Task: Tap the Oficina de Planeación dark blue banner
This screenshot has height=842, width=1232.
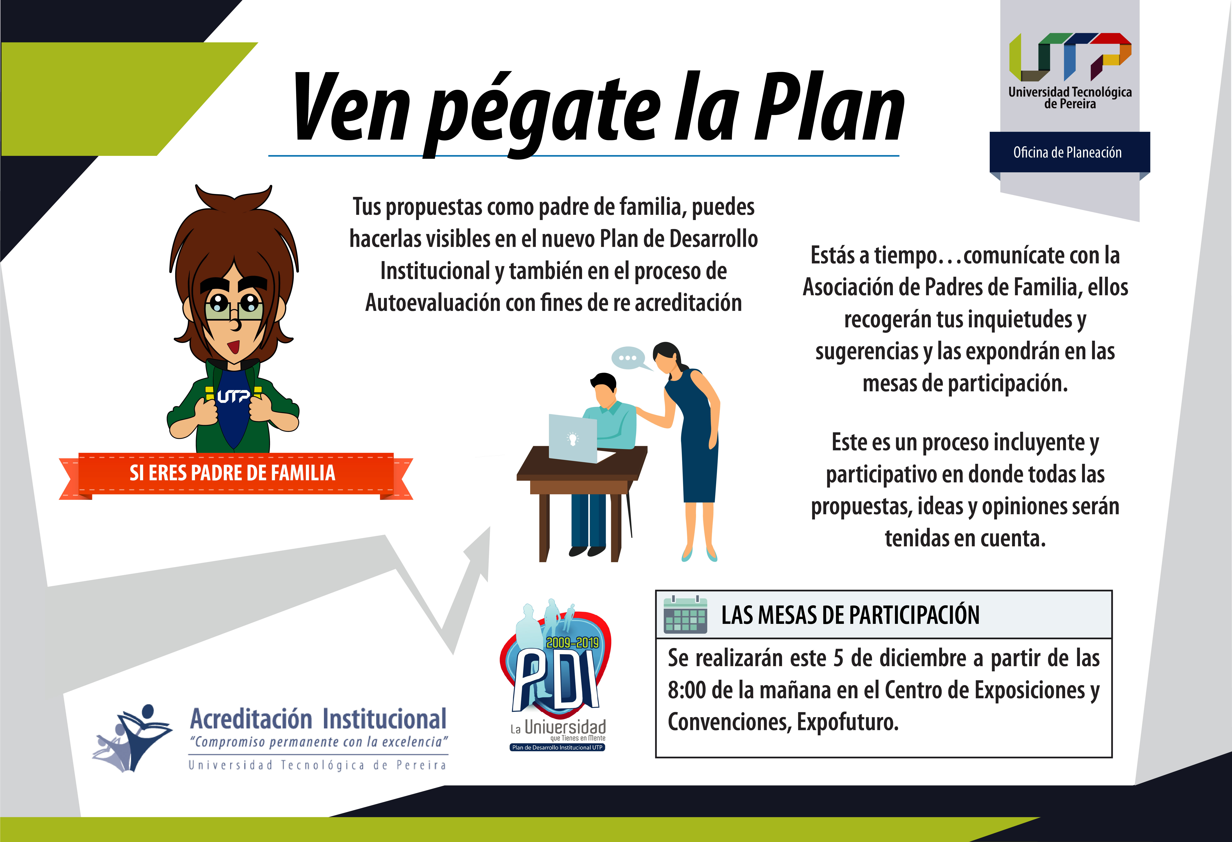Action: tap(1069, 152)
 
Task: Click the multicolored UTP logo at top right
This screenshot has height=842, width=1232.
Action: tap(1070, 57)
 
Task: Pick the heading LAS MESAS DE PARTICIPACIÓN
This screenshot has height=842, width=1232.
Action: tap(850, 615)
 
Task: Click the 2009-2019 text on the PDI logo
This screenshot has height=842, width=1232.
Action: tap(572, 643)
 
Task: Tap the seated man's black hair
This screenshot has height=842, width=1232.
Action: tap(603, 381)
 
